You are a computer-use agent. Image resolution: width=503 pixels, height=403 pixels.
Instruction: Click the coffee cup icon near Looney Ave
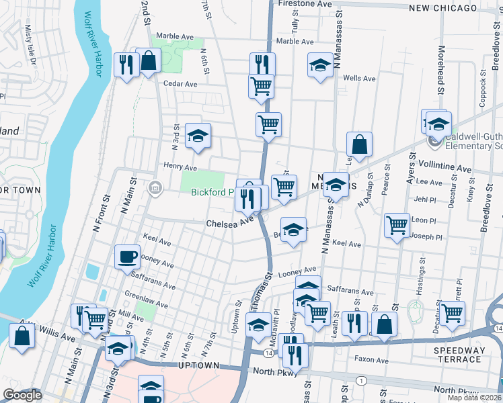coord(127,257)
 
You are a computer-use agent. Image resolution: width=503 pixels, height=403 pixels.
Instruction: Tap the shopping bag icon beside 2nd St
coord(148,61)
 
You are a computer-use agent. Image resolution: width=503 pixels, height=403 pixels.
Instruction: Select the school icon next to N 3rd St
coord(198,136)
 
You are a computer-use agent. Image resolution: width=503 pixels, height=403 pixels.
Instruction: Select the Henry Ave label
coord(180,167)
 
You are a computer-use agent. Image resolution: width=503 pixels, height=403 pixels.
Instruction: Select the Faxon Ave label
coord(373,360)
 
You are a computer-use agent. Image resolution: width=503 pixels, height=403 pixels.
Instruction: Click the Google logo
coord(22,395)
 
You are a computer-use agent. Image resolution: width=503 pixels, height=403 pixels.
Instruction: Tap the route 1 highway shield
coord(362,382)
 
